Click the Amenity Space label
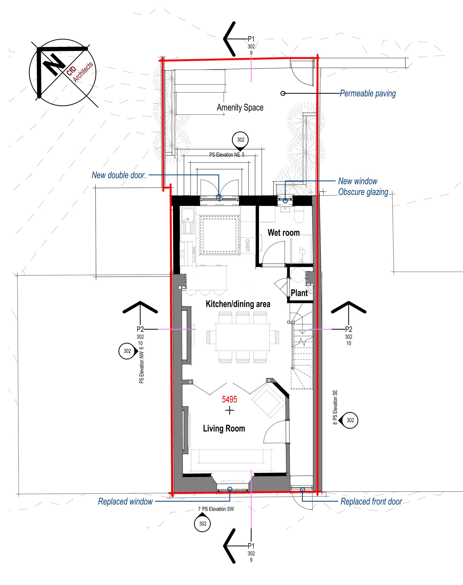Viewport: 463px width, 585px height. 240,107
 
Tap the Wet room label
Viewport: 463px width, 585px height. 284,233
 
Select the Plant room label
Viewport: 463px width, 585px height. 299,293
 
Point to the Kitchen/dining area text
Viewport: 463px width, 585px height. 238,304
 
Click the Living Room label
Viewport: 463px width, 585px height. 224,428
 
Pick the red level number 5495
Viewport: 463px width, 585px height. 229,399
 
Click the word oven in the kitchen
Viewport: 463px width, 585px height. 247,245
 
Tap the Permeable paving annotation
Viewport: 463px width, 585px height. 368,94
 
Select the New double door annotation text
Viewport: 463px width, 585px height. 119,175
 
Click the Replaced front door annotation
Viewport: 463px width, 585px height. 371,501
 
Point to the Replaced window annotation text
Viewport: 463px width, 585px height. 125,501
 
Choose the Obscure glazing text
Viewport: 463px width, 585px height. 363,192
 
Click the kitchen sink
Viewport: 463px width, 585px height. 188,221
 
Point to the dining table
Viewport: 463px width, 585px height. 243,337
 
